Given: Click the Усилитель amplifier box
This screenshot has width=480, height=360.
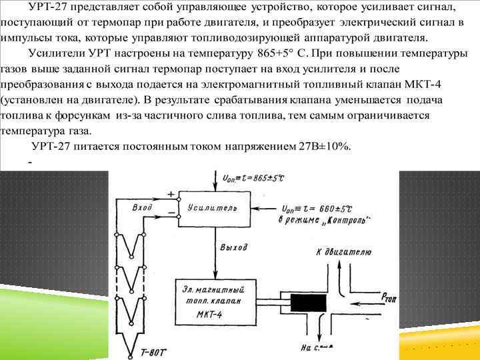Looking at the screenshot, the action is pyautogui.click(x=212, y=207).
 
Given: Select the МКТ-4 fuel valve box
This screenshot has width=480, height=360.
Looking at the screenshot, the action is pyautogui.click(x=215, y=301).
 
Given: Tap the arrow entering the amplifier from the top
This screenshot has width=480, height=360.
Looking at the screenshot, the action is pyautogui.click(x=213, y=179).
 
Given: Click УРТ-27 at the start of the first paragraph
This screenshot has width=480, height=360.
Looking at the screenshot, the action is pyautogui.click(x=51, y=7).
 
